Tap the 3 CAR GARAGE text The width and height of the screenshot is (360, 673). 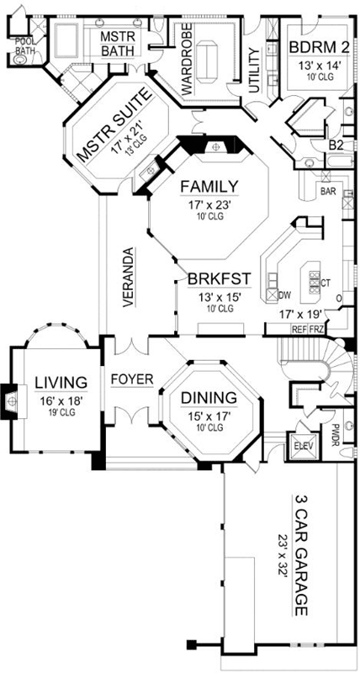(x=299, y=554)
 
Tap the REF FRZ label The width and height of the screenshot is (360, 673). (x=308, y=329)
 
